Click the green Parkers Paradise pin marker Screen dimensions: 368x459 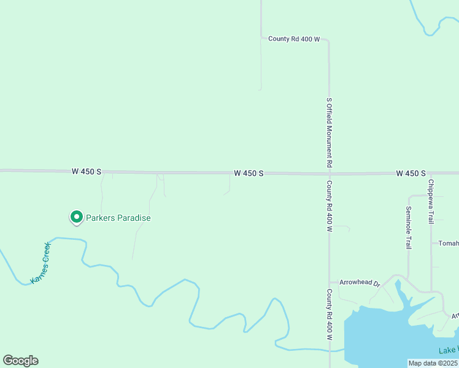[x=76, y=217]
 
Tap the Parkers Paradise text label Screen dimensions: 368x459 [x=118, y=218]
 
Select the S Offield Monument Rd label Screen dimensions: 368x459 [x=329, y=132]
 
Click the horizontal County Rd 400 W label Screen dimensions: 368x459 [x=295, y=39]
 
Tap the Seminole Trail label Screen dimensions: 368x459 [x=408, y=227]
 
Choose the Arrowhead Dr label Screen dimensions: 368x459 [x=360, y=284]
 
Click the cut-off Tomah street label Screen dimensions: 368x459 [x=448, y=243]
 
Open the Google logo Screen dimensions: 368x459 [x=20, y=361]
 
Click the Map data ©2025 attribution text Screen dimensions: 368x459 [x=433, y=363]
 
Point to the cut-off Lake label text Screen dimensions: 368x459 [x=448, y=350]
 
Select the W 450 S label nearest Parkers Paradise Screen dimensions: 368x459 [x=86, y=172]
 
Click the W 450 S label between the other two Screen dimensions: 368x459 [x=249, y=174]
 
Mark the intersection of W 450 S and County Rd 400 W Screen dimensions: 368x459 [x=329, y=174]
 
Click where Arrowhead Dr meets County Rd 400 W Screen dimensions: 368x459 [x=330, y=283]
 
